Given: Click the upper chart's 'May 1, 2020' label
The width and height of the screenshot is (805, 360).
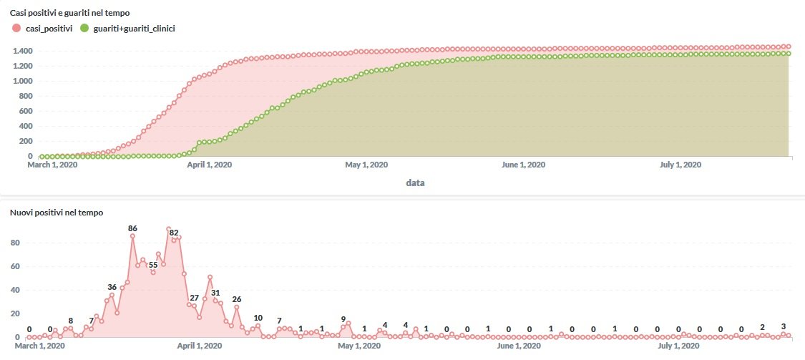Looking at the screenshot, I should (366, 165).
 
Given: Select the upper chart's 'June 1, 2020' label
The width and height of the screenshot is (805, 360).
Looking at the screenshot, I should (524, 165).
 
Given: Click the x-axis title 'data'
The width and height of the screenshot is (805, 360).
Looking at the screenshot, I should (415, 183).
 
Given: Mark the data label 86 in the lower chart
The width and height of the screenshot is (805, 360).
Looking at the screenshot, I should (132, 228).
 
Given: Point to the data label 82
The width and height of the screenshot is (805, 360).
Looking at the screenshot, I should (174, 233).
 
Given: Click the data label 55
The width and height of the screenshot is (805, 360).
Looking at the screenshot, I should (153, 264).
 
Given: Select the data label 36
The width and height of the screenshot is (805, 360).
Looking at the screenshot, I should (112, 287).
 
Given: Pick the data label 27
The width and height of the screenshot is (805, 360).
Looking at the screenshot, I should (194, 297).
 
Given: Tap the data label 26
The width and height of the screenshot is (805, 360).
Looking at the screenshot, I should (237, 299).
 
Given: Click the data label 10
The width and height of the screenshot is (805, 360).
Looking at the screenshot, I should (258, 317).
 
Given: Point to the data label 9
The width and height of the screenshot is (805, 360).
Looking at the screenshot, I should (343, 319).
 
